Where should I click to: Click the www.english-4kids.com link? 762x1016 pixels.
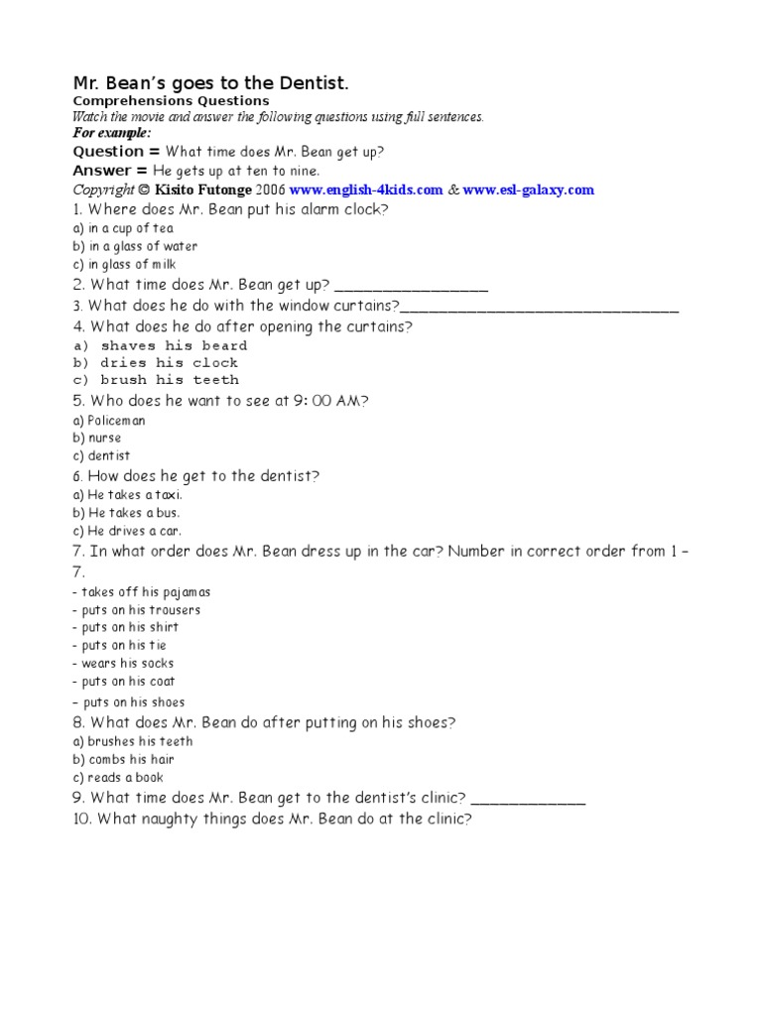366,190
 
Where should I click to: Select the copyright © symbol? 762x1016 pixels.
144,190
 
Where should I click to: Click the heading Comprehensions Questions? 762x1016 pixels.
171,101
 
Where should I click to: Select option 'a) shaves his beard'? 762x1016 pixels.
161,345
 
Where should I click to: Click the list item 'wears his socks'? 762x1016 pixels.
127,663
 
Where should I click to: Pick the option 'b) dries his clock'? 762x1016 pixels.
156,362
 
